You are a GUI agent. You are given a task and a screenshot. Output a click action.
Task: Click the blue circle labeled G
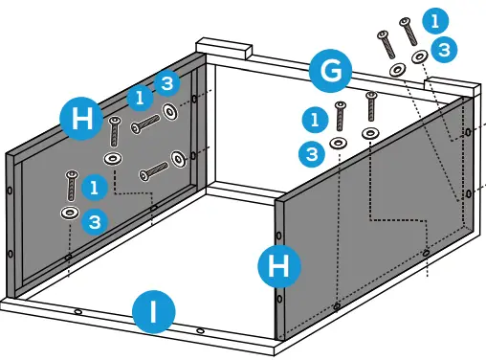[x=331, y=71]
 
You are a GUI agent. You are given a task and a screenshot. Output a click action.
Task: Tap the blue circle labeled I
[x=154, y=312]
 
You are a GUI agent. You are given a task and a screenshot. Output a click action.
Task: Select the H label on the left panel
[x=81, y=119]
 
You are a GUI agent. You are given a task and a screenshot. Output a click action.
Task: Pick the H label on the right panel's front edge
[x=279, y=266]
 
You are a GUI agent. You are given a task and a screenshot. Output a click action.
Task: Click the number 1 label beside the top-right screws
[x=435, y=21]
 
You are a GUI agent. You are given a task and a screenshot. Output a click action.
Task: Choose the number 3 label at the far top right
[x=444, y=50]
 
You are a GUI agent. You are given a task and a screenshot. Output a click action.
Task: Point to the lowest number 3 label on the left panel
[x=95, y=221]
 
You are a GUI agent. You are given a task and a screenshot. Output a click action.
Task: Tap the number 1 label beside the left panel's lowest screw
[x=95, y=188]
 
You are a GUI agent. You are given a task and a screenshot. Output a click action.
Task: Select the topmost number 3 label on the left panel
[x=167, y=83]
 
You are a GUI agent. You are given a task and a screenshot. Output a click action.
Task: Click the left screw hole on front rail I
[x=77, y=312]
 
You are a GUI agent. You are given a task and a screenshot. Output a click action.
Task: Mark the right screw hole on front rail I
[x=200, y=330]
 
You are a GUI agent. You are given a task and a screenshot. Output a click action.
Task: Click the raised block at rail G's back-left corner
[x=224, y=48]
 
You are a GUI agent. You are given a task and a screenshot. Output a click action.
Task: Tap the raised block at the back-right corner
[x=453, y=86]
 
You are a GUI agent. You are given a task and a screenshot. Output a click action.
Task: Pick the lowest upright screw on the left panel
[x=72, y=186]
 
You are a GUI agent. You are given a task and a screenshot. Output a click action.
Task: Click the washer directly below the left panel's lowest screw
[x=70, y=213]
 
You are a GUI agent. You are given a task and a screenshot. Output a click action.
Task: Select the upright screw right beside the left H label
[x=115, y=131]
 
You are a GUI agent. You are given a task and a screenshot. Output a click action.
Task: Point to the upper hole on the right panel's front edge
[x=279, y=236]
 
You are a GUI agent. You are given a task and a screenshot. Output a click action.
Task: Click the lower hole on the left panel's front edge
[x=11, y=254]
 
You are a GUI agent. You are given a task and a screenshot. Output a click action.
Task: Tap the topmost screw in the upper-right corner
[x=409, y=32]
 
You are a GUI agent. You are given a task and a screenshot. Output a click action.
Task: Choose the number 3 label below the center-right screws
[x=312, y=154]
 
